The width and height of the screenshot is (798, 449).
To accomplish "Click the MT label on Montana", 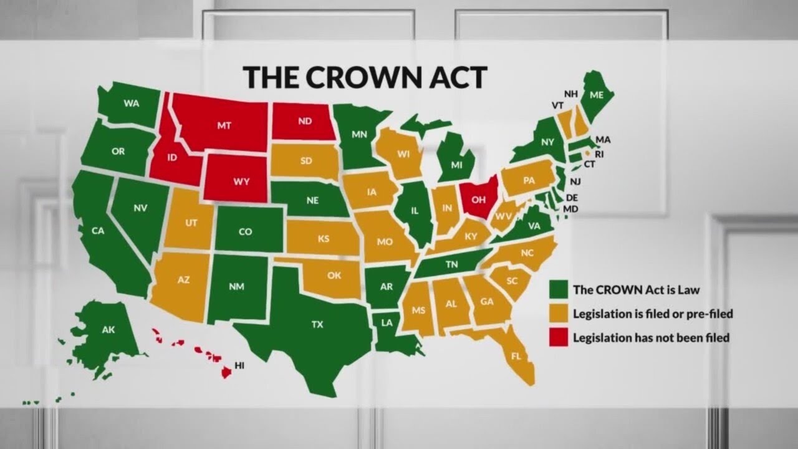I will (224, 125).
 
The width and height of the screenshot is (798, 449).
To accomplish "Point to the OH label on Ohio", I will (478, 200).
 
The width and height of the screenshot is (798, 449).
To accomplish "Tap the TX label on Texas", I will (317, 324).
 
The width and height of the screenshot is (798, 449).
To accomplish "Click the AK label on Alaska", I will (108, 330).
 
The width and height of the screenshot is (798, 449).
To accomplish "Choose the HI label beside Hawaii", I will (239, 365).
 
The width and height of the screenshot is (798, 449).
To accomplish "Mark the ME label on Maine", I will (597, 96).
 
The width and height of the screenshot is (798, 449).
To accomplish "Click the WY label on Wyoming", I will (242, 181).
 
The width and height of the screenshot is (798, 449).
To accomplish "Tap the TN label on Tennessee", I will (452, 264).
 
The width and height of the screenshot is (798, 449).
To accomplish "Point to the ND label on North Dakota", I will (305, 122).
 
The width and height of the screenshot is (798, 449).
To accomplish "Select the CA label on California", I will (98, 231).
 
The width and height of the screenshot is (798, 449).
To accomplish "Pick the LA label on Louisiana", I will (387, 322).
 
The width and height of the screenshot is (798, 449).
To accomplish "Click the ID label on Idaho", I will (172, 157).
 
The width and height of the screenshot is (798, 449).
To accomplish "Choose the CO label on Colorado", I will (246, 231).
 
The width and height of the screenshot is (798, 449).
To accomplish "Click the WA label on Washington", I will (132, 104).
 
